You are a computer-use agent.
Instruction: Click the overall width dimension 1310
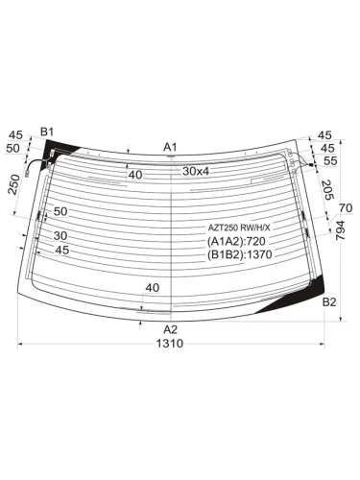170,344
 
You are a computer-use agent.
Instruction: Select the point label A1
170,147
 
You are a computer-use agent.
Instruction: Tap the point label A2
170,329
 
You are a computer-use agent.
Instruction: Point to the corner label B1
47,132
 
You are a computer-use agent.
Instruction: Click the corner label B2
329,301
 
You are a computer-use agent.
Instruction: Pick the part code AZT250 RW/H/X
239,228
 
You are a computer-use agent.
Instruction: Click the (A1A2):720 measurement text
236,241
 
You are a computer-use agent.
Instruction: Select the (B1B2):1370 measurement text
240,254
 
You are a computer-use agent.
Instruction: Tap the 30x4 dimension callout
196,171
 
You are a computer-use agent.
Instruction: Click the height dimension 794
341,230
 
